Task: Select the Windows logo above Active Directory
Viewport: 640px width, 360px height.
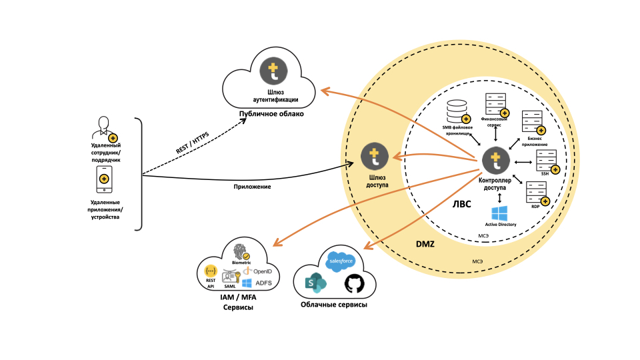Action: click(499, 214)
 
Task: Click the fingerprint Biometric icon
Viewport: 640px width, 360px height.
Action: click(240, 252)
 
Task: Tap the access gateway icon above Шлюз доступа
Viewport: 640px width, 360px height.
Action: click(375, 157)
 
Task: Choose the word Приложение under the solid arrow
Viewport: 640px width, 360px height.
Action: click(252, 187)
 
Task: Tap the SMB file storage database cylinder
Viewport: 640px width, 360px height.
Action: click(458, 111)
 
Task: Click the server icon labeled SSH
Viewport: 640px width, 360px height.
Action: click(547, 161)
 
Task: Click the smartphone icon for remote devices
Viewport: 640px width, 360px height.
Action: click(104, 179)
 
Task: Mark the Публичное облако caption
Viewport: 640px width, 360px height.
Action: click(271, 114)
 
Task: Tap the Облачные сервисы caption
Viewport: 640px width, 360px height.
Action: click(334, 305)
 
